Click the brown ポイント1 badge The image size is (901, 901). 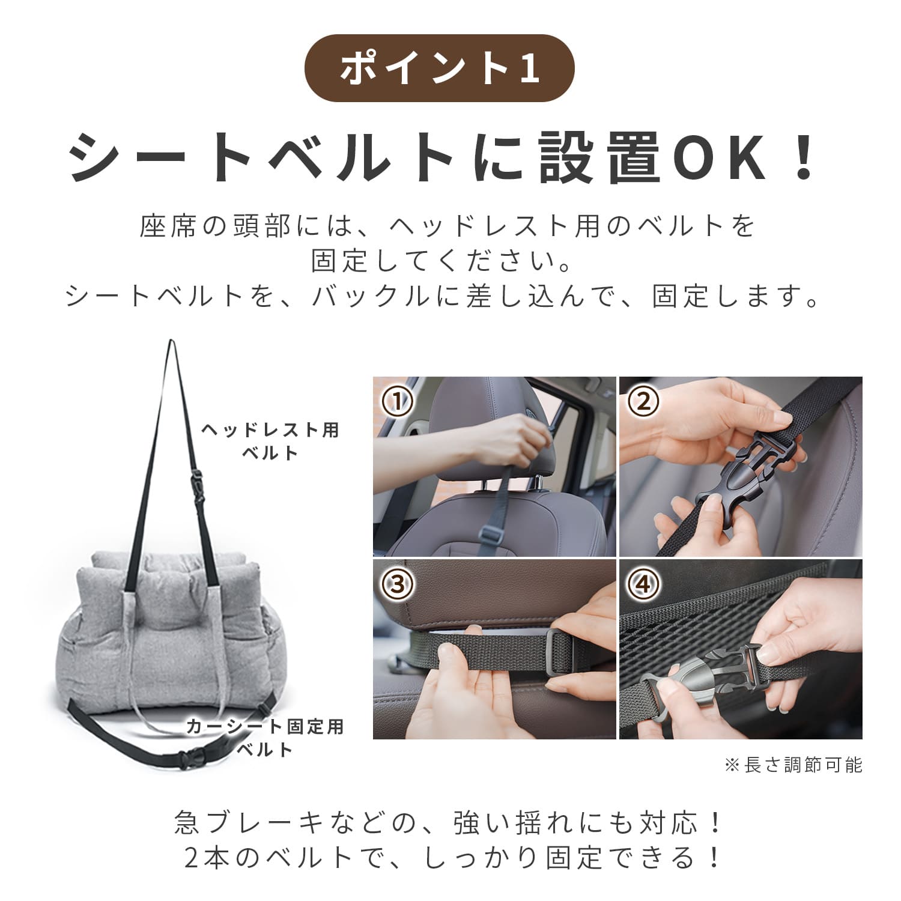(439, 68)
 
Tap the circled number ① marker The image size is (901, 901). (398, 401)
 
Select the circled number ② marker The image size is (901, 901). (643, 401)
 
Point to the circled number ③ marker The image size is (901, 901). (398, 584)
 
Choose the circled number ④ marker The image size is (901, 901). (643, 584)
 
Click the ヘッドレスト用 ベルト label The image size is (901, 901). (270, 441)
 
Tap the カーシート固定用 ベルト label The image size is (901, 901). (265, 738)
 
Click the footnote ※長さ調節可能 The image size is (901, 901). (793, 765)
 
